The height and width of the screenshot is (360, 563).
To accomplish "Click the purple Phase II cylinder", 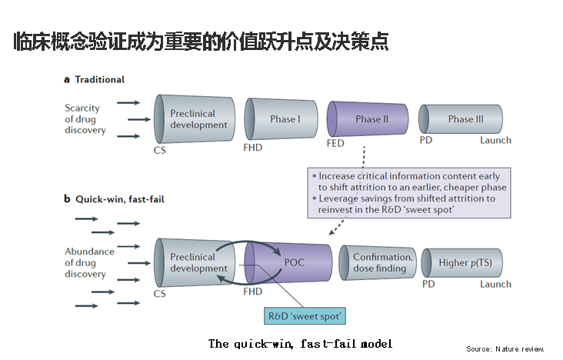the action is coord(368,119).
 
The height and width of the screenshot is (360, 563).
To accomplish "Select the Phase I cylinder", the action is coord(281,119).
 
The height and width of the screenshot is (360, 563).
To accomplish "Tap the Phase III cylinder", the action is coord(461,119).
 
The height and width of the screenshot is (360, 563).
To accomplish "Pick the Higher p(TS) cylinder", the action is coord(461,262).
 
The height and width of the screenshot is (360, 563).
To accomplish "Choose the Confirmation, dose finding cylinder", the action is coord(378,262).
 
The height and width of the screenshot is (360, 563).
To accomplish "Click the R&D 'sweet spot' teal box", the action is coord(305,316).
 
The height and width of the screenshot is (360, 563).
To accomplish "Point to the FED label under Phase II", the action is coord(335,143).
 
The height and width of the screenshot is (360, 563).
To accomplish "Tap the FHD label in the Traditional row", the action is coord(253,148).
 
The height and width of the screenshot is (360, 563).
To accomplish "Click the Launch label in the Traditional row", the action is coord(495,140).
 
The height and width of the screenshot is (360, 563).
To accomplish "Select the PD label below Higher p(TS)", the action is coord(428,284).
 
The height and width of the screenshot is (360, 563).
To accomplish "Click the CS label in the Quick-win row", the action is coord(160,294).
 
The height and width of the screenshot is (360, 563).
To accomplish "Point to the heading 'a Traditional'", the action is coord(94,79).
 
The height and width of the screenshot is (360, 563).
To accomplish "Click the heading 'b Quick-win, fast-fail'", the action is coord(114,199).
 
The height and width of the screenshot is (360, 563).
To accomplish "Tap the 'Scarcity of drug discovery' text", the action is coord(85,119).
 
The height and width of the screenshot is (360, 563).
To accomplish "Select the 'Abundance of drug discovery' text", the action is coord(89,262).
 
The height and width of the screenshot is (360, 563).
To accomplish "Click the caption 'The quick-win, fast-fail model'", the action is coord(300,344).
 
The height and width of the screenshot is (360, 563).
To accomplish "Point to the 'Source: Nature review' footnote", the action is coord(505,349).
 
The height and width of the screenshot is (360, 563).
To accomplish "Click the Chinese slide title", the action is coord(201,42).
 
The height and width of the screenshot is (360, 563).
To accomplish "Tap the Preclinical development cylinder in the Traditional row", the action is coord(195,119).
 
